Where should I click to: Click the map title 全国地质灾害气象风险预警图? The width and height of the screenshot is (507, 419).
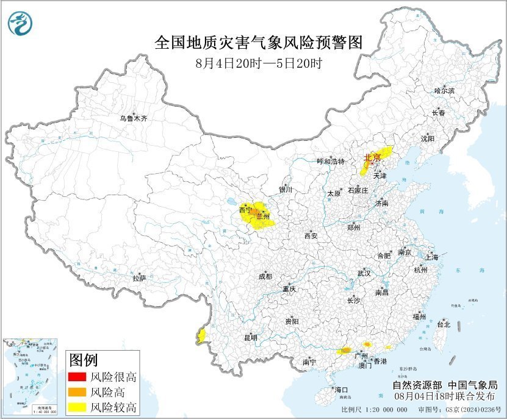click(259, 43)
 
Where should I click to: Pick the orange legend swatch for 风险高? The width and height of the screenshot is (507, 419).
click(77, 392)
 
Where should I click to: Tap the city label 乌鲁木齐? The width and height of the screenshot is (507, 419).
click(133, 118)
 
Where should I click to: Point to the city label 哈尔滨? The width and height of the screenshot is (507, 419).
click(444, 90)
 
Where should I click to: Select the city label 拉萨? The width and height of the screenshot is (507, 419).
click(139, 278)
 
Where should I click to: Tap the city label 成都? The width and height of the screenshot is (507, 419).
click(265, 276)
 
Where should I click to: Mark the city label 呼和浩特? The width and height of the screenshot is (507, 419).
click(331, 162)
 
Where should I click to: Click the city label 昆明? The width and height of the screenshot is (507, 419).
click(251, 337)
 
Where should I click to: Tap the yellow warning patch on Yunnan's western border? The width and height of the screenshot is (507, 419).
click(201, 335)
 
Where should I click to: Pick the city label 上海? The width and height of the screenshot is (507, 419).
click(431, 257)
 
